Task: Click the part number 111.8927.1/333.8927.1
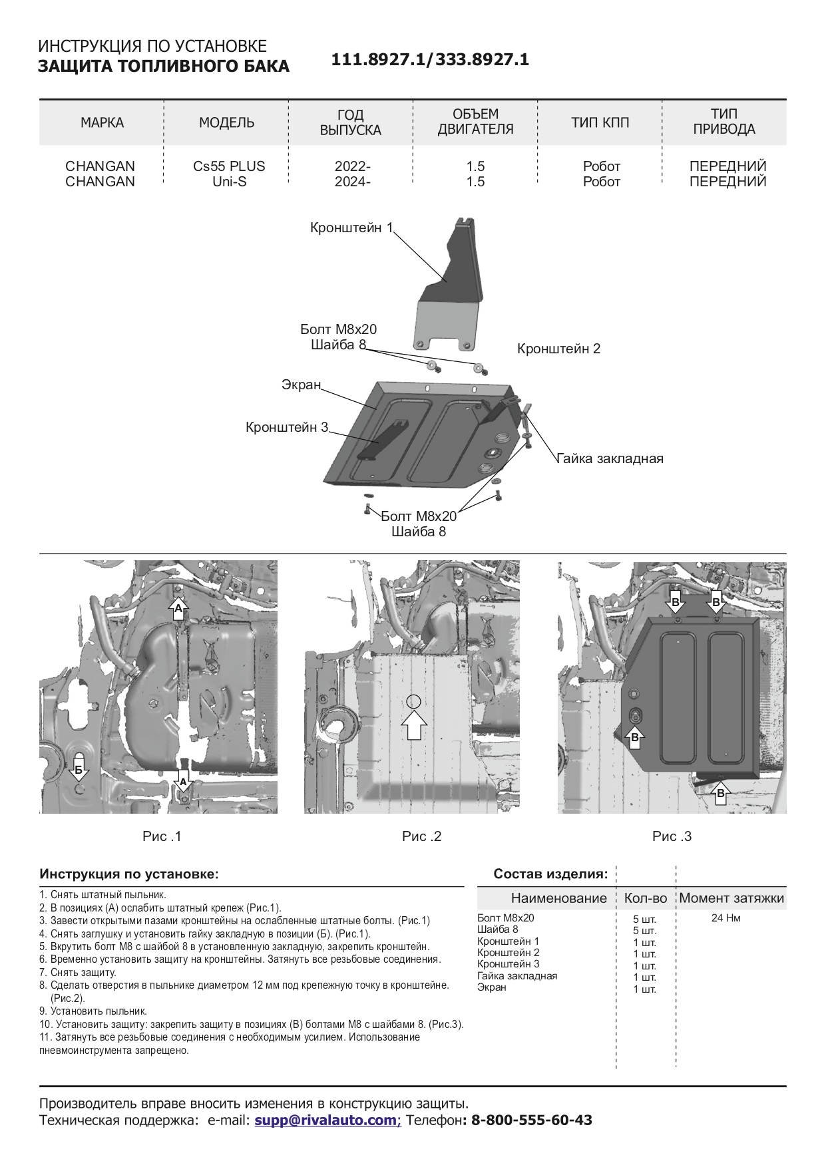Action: (430, 60)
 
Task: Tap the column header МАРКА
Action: (102, 122)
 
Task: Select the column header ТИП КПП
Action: (600, 122)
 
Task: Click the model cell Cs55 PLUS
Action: (229, 166)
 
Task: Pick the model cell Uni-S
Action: (229, 182)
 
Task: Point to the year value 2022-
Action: (352, 166)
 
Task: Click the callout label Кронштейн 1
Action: (351, 228)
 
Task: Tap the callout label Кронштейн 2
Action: (558, 349)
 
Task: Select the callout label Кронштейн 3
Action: (287, 427)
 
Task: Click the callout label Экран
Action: (301, 385)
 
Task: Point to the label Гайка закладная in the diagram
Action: (610, 458)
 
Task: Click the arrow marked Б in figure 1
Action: (79, 769)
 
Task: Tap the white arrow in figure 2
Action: (414, 725)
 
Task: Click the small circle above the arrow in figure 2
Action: (413, 701)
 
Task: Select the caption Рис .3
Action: (672, 836)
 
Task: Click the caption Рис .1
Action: (162, 836)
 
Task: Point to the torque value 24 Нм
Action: (725, 918)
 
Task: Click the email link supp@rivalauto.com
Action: (325, 1120)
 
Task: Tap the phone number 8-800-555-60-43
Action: (531, 1120)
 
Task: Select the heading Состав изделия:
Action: (550, 874)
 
